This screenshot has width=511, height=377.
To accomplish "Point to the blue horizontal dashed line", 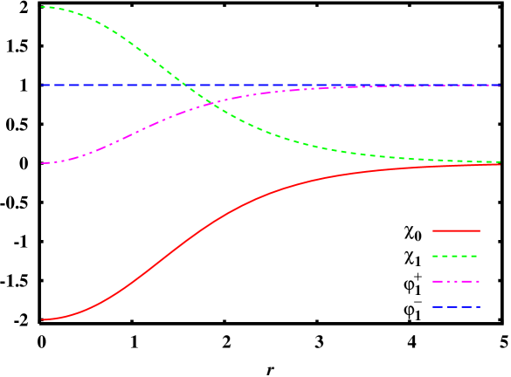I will [349, 86].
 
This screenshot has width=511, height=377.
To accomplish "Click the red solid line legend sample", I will [456, 230].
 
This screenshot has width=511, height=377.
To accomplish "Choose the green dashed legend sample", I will [456, 257].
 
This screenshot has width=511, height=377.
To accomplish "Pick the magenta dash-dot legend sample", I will [456, 282].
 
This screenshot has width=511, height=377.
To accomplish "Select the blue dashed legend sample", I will [456, 307].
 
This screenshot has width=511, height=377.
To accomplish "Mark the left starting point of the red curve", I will [42, 319].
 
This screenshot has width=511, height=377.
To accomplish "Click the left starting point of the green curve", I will [42, 7].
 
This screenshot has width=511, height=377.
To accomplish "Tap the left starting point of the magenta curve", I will [42, 163].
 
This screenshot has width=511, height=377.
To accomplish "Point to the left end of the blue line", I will [42, 86].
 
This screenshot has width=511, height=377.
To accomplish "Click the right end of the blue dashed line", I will [500, 86].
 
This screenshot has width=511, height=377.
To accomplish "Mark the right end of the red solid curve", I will [500, 164].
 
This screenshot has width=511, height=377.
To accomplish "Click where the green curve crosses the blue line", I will [184, 86].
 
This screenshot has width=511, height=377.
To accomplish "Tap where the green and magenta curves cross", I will [212, 104].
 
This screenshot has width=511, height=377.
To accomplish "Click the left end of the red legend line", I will [432, 230].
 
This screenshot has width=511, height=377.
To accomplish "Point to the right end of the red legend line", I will [480, 230].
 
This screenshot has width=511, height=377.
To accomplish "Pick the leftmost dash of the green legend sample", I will [435, 257].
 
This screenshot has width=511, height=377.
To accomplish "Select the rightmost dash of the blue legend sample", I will [475, 307].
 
